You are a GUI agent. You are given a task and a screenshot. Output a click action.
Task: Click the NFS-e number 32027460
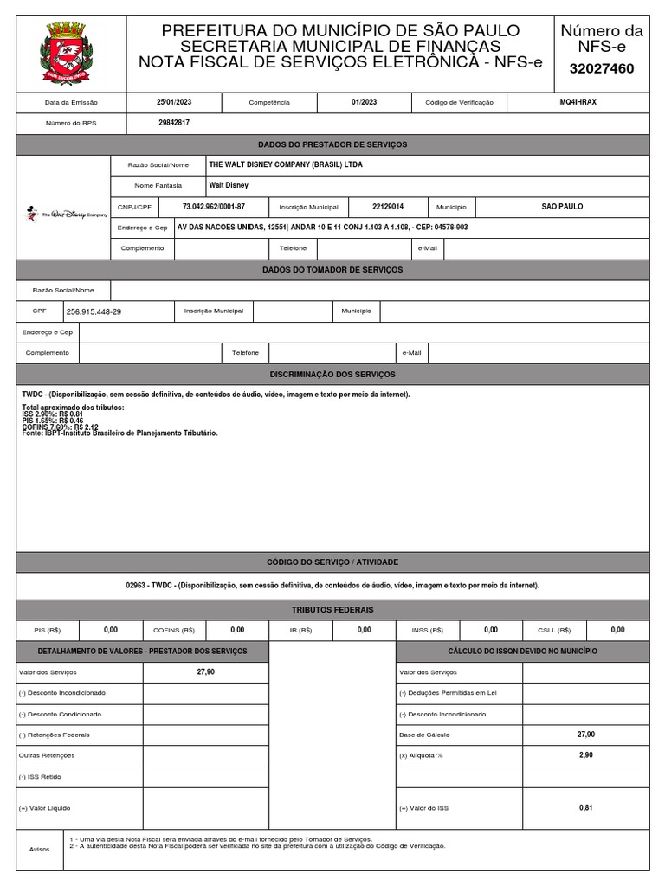point(603,68)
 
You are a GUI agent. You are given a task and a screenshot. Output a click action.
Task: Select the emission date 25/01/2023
point(173,102)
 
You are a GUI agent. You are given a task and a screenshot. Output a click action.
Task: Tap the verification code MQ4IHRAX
point(578,102)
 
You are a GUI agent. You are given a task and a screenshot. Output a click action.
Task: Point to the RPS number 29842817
point(173,124)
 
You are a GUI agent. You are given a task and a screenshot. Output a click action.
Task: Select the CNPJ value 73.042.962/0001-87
point(214,207)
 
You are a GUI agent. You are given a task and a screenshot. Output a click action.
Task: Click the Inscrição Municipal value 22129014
point(388,207)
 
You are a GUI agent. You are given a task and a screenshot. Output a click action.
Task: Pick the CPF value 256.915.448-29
point(94,311)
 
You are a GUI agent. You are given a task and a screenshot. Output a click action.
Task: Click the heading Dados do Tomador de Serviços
point(332,270)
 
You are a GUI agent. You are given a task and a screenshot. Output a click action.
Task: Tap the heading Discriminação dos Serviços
point(332,374)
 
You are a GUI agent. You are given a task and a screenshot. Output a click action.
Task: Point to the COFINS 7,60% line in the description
point(60,427)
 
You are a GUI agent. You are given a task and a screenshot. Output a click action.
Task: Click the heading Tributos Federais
point(332,610)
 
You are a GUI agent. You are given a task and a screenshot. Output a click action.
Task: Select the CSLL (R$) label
point(552,631)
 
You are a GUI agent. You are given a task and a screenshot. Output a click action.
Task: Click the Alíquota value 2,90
point(586,755)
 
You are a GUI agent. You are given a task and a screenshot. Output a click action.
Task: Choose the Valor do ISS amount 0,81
point(586,807)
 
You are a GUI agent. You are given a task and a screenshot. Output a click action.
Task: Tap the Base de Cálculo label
point(423,735)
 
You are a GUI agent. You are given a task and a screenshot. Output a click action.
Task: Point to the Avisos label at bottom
point(40,850)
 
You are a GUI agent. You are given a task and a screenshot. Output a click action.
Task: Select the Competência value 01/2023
point(364,102)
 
